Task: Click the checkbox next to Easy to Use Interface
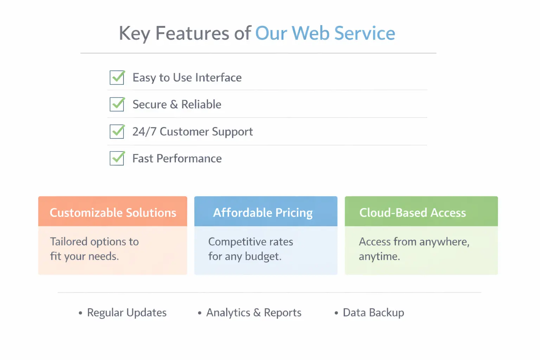pyautogui.click(x=117, y=77)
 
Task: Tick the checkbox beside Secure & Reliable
pyautogui.click(x=117, y=104)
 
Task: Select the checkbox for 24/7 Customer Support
pyautogui.click(x=117, y=131)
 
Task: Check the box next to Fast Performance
pyautogui.click(x=117, y=158)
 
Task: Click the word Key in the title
pyautogui.click(x=135, y=34)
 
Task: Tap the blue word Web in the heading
pyautogui.click(x=310, y=33)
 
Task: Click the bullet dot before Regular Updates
pyautogui.click(x=81, y=313)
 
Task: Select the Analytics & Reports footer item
pyautogui.click(x=254, y=313)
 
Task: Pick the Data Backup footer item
pyautogui.click(x=373, y=313)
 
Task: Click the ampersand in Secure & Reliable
pyautogui.click(x=174, y=105)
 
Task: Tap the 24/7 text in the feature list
pyautogui.click(x=144, y=131)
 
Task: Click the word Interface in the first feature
pyautogui.click(x=218, y=78)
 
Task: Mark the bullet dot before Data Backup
pyautogui.click(x=336, y=313)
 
